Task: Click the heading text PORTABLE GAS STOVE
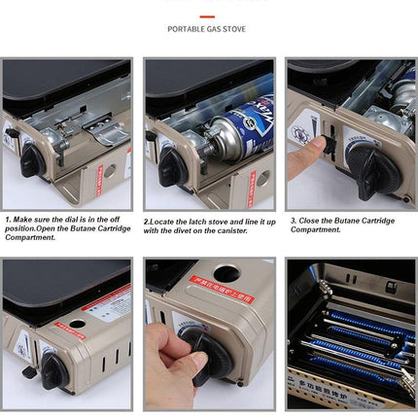click(206, 29)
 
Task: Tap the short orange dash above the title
click(206, 16)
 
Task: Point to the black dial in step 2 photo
click(172, 166)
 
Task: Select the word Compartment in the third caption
click(316, 230)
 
